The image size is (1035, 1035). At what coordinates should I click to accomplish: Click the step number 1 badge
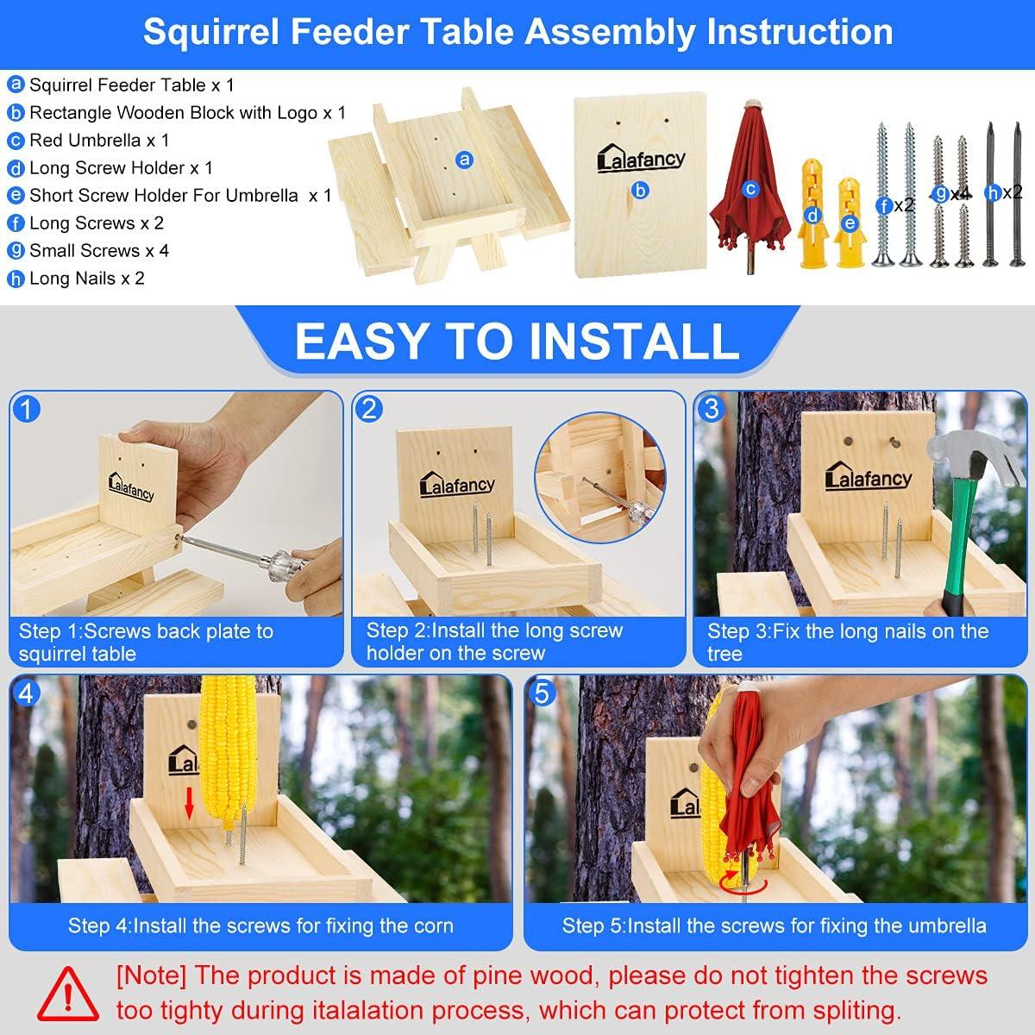click(28, 408)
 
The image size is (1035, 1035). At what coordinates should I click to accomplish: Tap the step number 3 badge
click(710, 408)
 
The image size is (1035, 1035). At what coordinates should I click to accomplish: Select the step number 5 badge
click(542, 693)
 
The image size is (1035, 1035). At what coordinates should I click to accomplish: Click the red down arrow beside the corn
click(191, 804)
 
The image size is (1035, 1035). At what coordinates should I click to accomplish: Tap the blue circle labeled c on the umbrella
click(750, 188)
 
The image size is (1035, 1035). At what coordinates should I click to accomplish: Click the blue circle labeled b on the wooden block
click(640, 191)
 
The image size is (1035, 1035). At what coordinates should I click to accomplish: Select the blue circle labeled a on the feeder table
click(465, 160)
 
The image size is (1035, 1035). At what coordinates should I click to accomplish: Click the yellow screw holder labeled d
click(812, 215)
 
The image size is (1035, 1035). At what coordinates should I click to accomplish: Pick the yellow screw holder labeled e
click(850, 223)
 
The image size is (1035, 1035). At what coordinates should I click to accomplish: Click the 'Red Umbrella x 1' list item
click(98, 140)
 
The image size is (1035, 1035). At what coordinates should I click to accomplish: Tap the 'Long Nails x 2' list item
click(86, 278)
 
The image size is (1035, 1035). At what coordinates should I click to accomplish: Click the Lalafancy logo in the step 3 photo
click(868, 477)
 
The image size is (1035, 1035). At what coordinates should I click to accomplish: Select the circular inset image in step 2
click(595, 476)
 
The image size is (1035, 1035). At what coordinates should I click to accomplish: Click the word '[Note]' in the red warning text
click(151, 976)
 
